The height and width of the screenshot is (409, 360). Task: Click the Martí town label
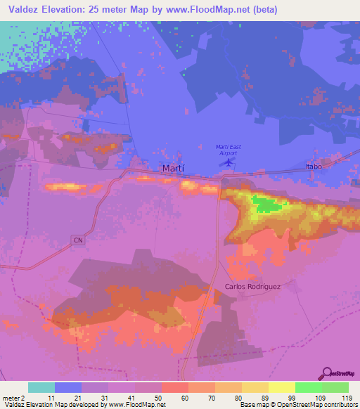point(174,169)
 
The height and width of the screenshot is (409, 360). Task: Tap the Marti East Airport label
point(228,149)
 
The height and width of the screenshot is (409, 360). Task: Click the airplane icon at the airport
point(228,162)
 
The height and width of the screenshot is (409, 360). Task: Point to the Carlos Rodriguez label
point(252,286)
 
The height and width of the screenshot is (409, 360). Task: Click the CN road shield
point(77,240)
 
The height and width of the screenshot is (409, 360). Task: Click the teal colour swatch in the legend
point(41,387)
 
